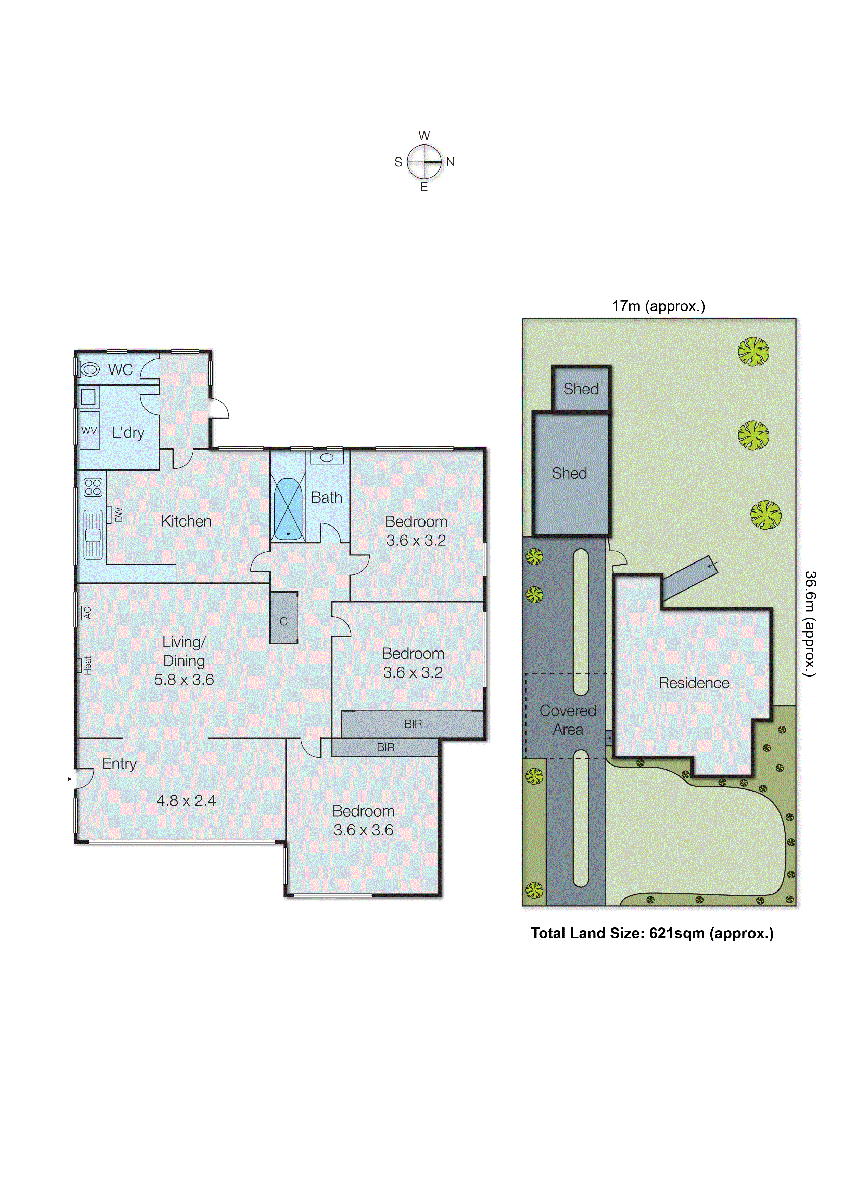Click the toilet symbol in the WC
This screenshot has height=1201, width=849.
point(90,369)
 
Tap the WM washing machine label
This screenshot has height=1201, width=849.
point(89,430)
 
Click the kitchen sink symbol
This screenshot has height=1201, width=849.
point(93,534)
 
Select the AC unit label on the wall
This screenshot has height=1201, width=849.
point(87,612)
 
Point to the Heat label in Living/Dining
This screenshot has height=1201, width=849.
point(87,665)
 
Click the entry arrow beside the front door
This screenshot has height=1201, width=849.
point(63,779)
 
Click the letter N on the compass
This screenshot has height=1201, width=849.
point(451,162)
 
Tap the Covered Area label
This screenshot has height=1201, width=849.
point(568,719)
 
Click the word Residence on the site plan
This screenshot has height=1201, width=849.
point(693,683)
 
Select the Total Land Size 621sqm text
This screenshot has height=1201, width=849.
point(652,933)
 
